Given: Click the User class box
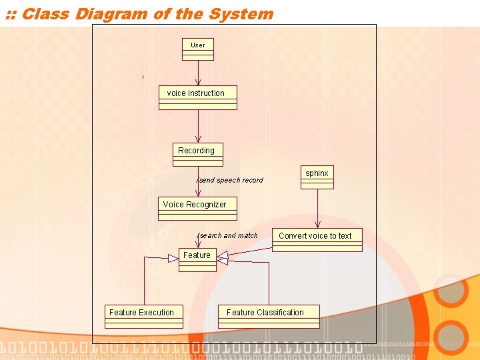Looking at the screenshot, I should pos(198,49).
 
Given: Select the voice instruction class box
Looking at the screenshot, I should pos(197,97).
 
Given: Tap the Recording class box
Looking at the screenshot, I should pos(197,154).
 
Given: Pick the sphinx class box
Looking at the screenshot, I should pos(317,177).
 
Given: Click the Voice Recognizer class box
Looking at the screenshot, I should pos(197,209).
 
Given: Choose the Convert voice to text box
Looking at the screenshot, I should pos(317,239).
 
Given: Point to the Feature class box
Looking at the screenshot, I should pos(197,259).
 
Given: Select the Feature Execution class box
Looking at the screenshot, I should pos(145,316).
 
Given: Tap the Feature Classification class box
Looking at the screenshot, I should pos(269,316).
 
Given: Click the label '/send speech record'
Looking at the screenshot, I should pos(230,180).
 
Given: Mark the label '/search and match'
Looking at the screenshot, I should pos(228,235).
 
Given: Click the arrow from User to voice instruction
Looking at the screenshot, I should pos(198,73).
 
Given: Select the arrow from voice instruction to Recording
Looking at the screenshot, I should pos(198,126).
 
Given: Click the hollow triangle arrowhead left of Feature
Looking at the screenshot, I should pos(173,258).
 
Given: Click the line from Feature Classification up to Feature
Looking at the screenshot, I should pos(269,283).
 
